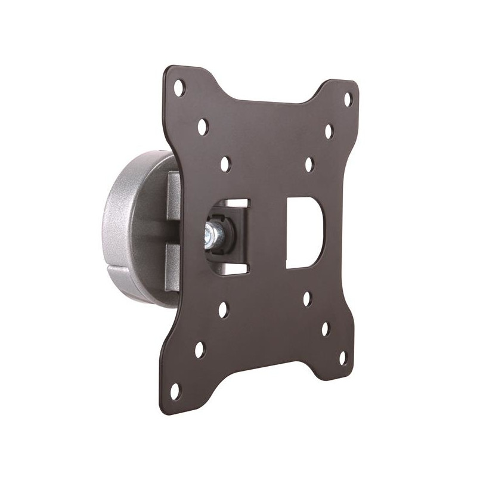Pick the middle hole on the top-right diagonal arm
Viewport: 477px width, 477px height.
(x=329, y=131)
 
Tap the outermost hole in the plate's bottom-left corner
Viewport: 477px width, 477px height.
(x=175, y=392)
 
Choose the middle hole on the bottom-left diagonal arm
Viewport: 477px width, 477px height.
(x=200, y=350)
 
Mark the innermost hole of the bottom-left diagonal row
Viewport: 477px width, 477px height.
(x=223, y=309)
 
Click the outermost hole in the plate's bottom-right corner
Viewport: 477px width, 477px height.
(x=344, y=358)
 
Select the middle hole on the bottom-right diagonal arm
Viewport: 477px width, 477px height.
(x=326, y=329)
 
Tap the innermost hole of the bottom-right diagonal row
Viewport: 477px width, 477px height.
(x=307, y=298)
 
